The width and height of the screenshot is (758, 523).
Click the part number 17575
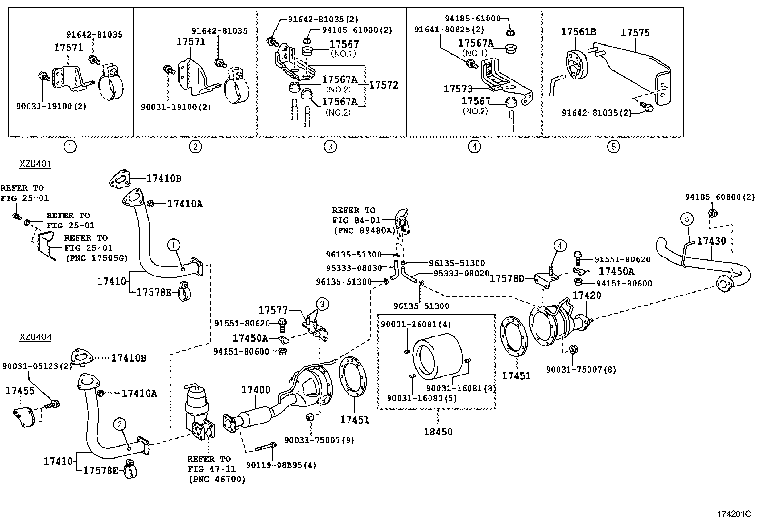(635, 33)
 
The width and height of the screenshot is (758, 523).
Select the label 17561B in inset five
(578, 32)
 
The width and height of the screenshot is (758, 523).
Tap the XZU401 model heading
(35, 164)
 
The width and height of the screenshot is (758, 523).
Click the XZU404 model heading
(35, 337)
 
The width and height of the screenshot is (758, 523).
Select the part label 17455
(20, 391)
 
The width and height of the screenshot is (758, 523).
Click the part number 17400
(255, 390)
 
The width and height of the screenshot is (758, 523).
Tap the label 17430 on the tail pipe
(711, 241)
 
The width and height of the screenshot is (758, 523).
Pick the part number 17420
(586, 296)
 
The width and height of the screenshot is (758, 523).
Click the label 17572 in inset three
(383, 85)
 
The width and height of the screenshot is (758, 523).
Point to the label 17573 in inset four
(458, 89)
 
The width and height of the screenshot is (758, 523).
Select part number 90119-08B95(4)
(281, 465)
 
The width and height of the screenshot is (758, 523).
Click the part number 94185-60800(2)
(719, 197)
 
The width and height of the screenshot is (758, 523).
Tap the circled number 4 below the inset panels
(474, 147)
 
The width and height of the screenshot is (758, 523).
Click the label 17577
(273, 310)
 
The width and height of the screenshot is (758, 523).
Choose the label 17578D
(507, 278)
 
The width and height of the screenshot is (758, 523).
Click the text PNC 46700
(217, 479)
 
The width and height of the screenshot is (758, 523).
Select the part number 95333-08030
(354, 268)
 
